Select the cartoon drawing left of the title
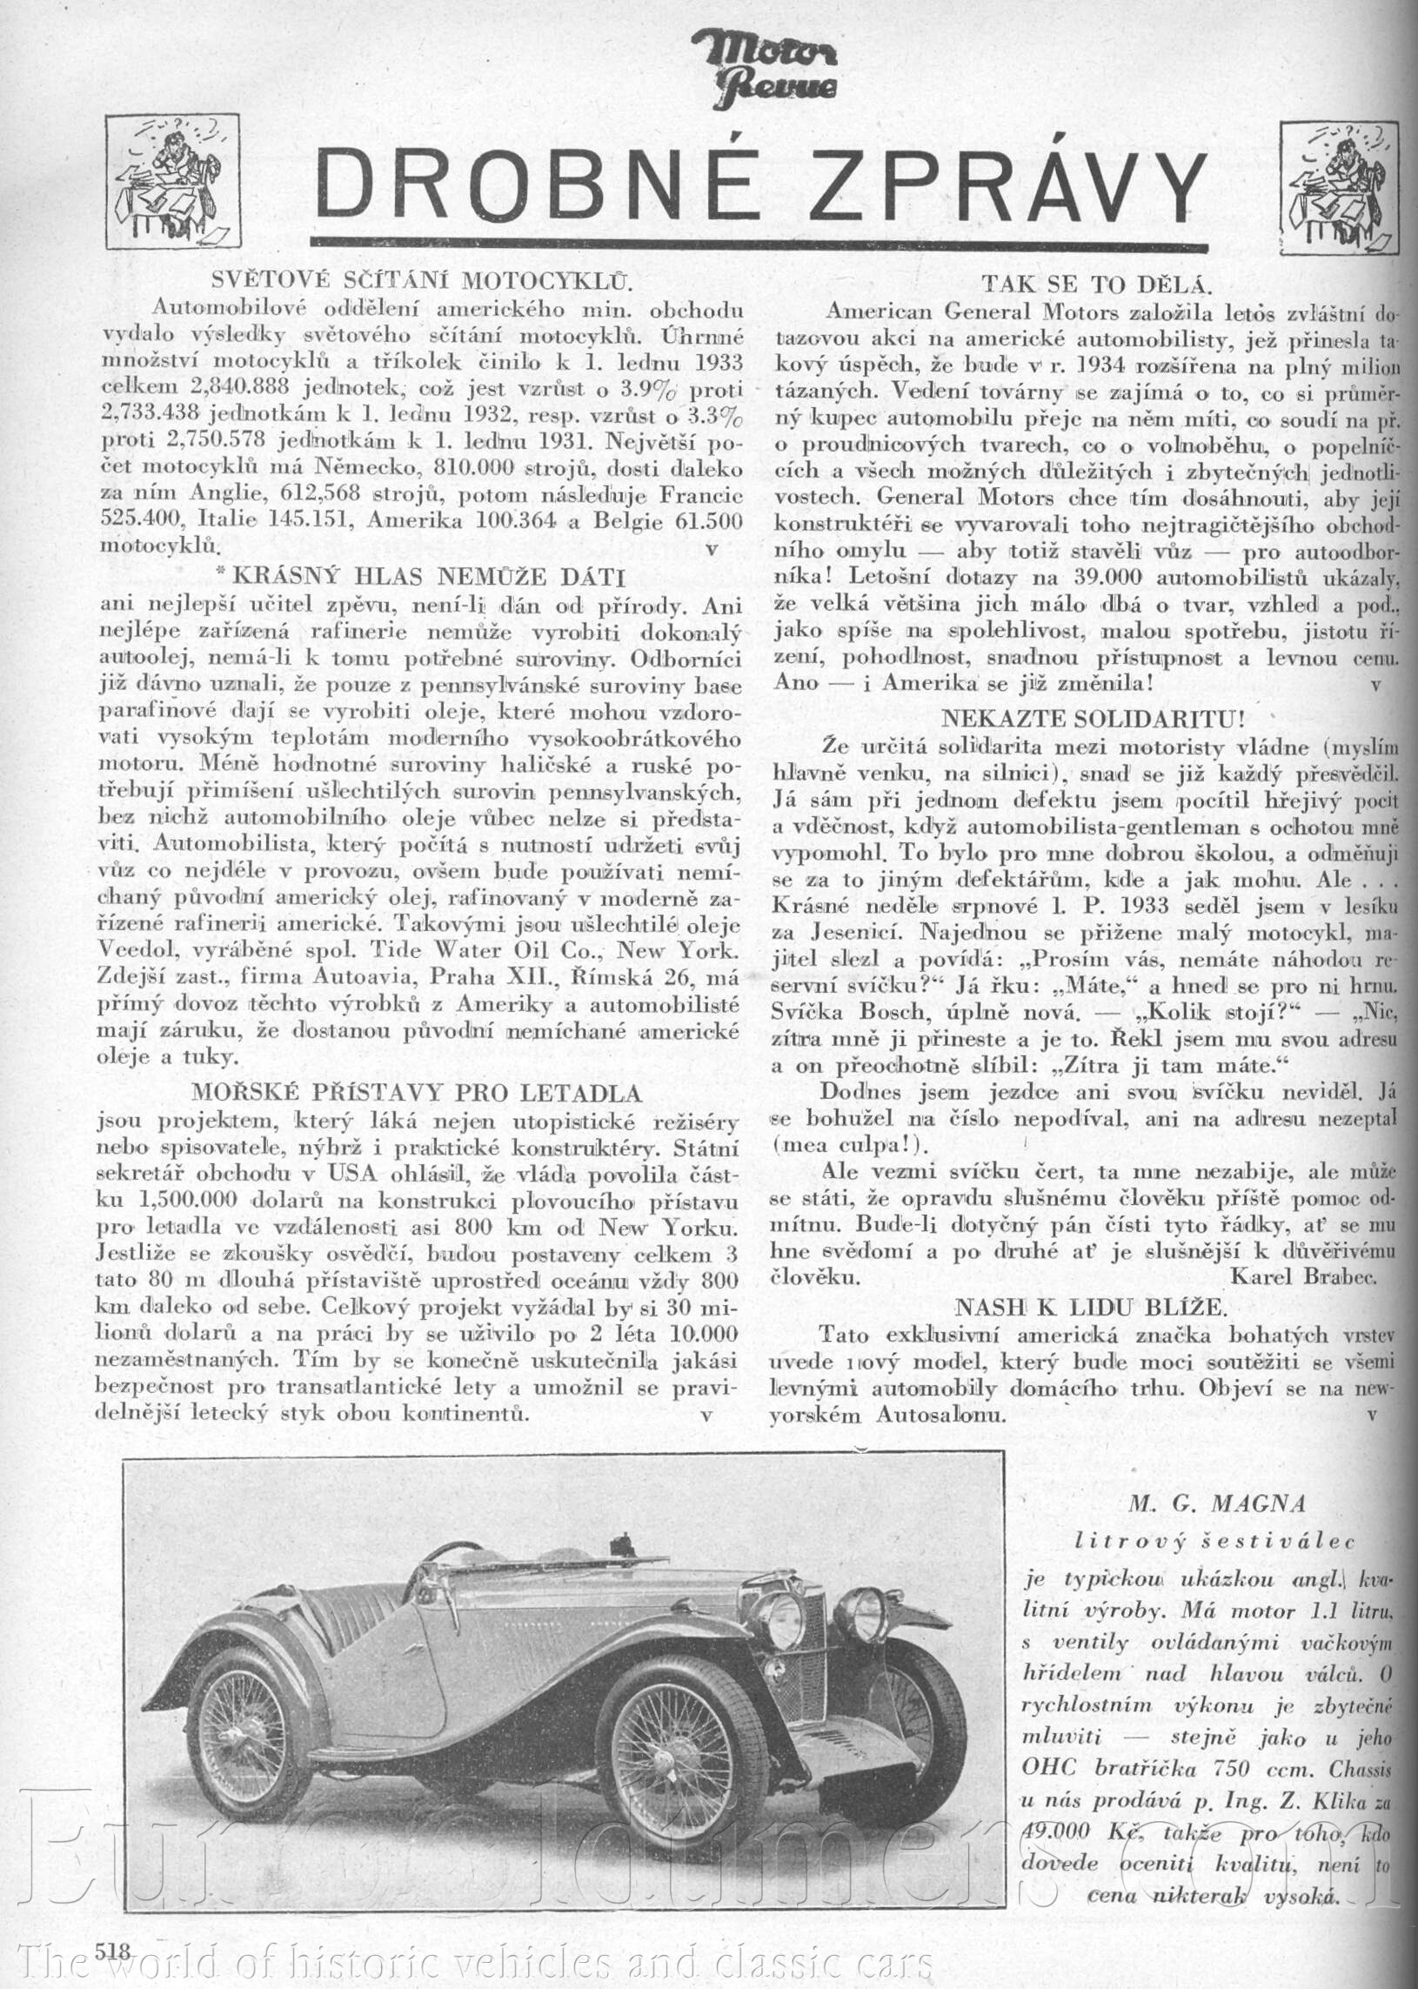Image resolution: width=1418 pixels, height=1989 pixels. [x=172, y=181]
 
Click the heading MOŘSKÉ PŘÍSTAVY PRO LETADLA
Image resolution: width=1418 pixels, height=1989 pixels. [x=417, y=1092]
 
